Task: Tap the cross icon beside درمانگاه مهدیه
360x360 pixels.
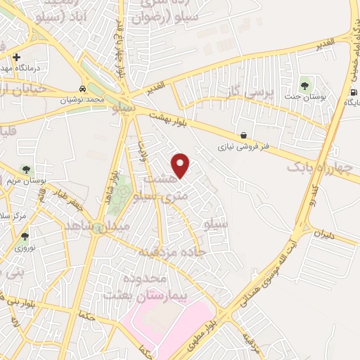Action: (17, 57)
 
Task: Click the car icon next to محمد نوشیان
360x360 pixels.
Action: (84, 90)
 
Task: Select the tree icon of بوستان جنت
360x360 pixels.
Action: (304, 86)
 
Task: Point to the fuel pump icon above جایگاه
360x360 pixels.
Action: (353, 92)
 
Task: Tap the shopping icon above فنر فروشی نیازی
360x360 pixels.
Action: (243, 136)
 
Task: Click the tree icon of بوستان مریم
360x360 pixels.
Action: (26, 169)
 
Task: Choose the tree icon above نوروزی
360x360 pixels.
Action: (25, 236)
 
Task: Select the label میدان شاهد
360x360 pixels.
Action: (94, 226)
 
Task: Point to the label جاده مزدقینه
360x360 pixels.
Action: (162, 250)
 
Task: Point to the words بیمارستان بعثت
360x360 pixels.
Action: (137, 294)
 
